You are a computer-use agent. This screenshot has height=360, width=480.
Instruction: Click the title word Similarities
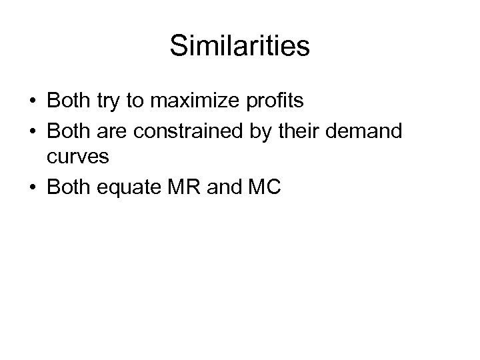coord(240,47)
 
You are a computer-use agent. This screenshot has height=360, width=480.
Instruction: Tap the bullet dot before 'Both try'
coord(33,102)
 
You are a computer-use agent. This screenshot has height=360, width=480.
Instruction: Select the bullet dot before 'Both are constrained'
coord(33,131)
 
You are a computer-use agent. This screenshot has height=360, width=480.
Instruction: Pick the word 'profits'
coord(272,102)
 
